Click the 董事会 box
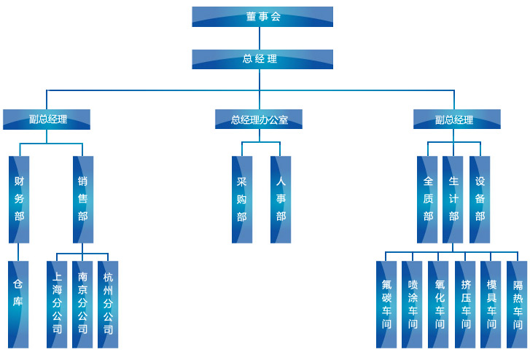262,17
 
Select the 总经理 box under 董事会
262,59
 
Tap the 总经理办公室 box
259,120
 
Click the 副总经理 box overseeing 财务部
47,120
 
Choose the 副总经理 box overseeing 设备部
456,120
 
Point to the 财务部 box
19,198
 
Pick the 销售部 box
83,198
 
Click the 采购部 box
242,198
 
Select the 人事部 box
281,198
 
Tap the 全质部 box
428,198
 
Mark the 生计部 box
453,198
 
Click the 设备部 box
480,198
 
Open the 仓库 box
19,303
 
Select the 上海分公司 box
57,303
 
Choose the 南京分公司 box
82,303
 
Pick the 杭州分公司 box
108,303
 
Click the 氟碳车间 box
386,303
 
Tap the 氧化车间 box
439,303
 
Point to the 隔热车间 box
517,303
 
